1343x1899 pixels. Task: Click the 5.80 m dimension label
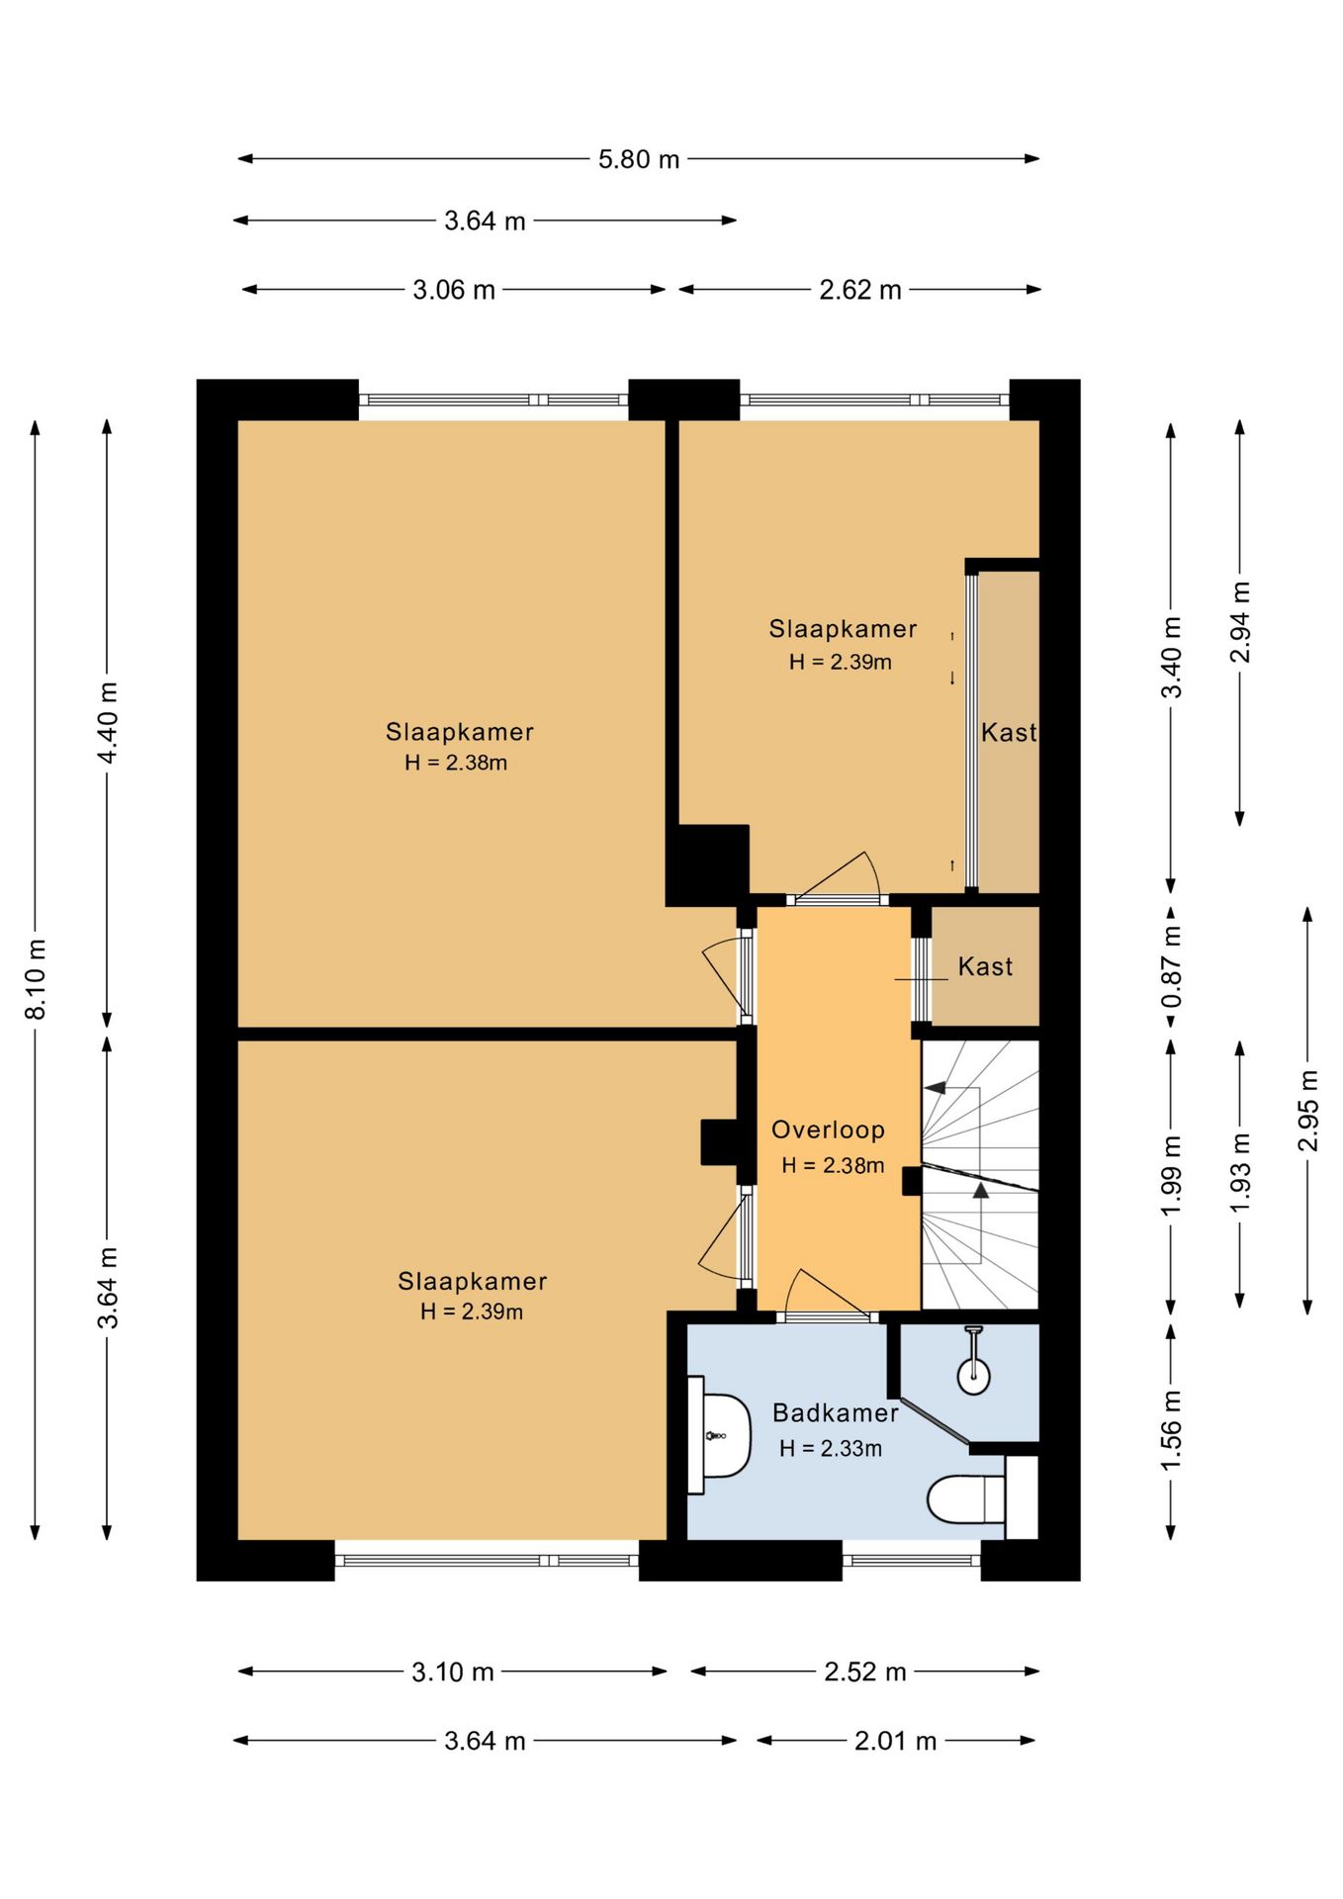[x=639, y=159]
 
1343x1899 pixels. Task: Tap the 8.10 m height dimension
[x=36, y=979]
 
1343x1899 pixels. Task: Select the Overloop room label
[x=828, y=1130]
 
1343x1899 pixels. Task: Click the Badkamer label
[x=836, y=1412]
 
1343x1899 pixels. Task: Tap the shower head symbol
[x=974, y=1361]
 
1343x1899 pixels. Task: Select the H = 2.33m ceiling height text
[x=831, y=1449]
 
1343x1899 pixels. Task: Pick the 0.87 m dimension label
[x=1172, y=965]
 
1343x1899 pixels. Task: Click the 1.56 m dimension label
[x=1172, y=1430]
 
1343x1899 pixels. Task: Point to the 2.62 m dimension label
[x=860, y=290]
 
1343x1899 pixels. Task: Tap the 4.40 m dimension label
[x=108, y=722]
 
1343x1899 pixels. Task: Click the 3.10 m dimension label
[x=453, y=1672]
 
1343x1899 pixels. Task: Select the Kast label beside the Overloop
[x=985, y=966]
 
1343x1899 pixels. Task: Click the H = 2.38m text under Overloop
[x=833, y=1166]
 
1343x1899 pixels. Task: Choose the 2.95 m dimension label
[x=1308, y=1111]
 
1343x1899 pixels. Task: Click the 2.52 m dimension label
[x=865, y=1672]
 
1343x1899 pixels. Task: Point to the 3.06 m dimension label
[x=454, y=290]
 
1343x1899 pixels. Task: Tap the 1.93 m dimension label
[x=1240, y=1173]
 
